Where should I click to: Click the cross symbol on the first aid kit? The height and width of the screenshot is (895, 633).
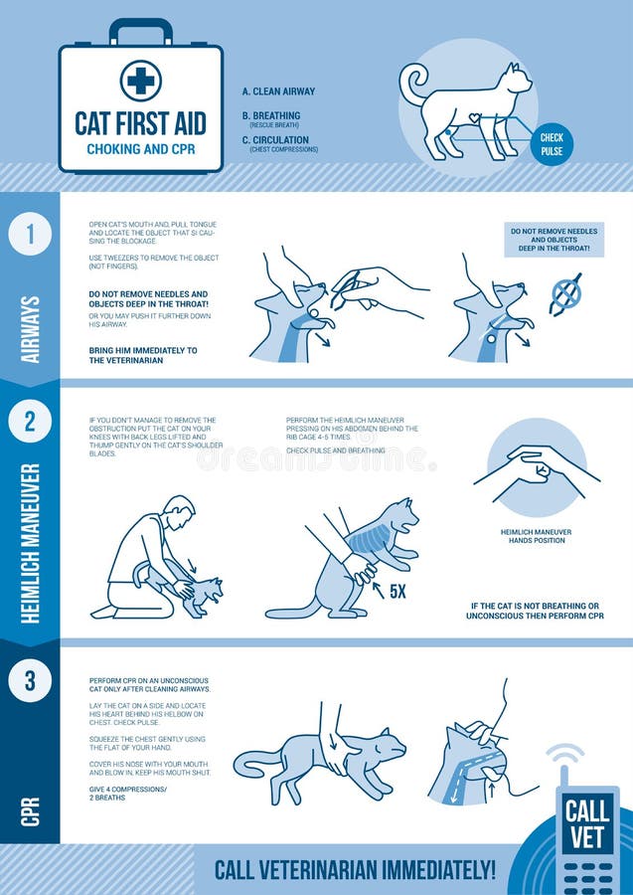pos(140,80)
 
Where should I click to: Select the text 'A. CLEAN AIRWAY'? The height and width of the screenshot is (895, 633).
pos(278,91)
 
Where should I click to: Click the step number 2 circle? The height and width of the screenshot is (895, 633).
pos(30,422)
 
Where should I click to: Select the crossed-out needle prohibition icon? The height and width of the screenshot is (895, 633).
pos(565,295)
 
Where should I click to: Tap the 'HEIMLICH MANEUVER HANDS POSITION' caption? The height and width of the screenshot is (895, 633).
pos(536,536)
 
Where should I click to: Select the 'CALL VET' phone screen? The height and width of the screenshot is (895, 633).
pos(586,824)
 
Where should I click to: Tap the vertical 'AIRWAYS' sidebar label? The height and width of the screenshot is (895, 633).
pos(30,329)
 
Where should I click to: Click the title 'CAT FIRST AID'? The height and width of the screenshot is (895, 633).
pos(140,123)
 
